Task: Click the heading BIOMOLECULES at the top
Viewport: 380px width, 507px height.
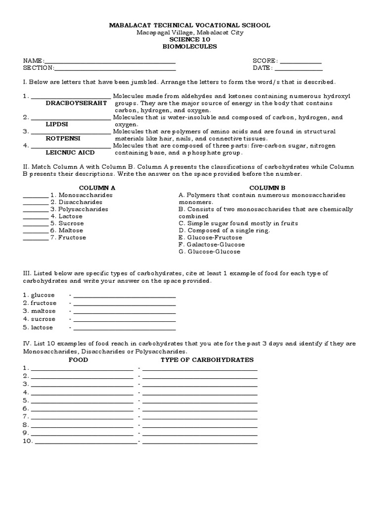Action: pos(190,47)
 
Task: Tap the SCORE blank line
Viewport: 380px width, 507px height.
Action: pos(300,62)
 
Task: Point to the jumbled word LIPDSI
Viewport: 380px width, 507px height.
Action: pos(55,125)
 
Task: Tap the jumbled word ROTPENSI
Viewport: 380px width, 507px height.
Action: pos(63,139)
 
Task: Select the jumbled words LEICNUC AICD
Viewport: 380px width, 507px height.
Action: pos(70,153)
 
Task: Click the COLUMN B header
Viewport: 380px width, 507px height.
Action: pos(267,188)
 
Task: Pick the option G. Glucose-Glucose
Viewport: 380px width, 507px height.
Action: pos(210,252)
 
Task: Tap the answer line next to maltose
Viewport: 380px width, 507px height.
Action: pos(124,313)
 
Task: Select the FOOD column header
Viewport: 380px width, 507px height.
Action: pos(78,359)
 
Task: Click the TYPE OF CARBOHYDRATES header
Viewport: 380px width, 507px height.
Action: pos(207,359)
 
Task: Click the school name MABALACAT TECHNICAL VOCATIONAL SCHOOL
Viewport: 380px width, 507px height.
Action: pos(190,25)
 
